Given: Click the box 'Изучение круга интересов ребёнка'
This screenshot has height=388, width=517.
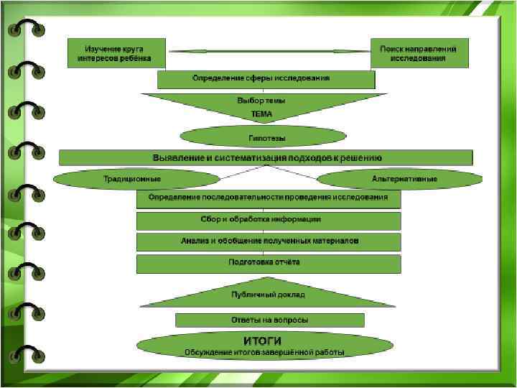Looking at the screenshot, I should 116,52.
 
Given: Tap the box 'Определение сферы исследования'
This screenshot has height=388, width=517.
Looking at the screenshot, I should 266,78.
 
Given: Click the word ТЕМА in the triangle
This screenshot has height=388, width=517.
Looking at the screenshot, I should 261,114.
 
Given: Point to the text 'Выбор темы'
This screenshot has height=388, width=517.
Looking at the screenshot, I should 261,101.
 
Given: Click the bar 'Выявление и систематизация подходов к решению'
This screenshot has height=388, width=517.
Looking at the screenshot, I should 266,157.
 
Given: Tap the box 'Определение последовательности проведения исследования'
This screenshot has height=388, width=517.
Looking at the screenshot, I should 268,198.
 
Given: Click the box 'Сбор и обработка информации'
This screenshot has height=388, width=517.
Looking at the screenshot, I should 268,220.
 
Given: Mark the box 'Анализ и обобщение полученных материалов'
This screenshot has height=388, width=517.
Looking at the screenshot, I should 268,241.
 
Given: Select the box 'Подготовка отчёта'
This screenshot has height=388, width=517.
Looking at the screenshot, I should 268,263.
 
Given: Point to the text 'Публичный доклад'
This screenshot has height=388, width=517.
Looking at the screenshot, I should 268,295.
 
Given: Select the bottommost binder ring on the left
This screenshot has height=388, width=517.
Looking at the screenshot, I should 26,354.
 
